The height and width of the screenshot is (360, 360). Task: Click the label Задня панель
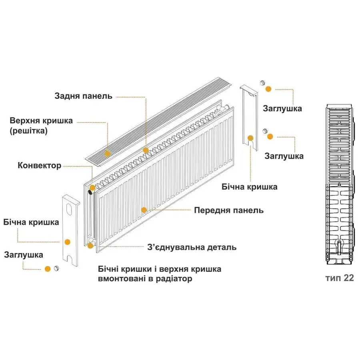[x=83, y=96]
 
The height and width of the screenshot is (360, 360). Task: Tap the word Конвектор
[x=40, y=166]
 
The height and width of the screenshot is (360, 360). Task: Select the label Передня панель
[x=229, y=210]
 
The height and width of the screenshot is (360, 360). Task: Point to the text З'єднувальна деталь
[x=192, y=247]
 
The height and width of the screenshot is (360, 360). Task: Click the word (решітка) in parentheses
[x=29, y=131]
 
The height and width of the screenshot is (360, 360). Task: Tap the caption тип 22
[x=340, y=278]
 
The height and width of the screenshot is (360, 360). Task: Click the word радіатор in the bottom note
[x=174, y=279]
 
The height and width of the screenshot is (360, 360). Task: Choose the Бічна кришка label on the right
[x=249, y=187]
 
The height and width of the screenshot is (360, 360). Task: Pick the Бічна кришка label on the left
[x=31, y=222]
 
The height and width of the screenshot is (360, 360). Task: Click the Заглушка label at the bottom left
[x=24, y=255]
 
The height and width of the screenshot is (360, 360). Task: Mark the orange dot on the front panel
[x=144, y=210]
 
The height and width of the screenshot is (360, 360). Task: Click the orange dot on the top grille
[x=108, y=154]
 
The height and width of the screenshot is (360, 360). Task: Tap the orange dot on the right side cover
[x=250, y=138]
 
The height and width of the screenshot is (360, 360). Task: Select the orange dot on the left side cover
[x=68, y=242]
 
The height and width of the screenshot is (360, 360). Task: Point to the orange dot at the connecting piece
[x=90, y=246]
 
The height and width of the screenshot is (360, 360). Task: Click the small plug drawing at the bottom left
[x=56, y=268]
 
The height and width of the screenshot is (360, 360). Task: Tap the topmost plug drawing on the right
[x=263, y=83]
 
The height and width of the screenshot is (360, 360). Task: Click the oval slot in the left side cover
[x=69, y=209]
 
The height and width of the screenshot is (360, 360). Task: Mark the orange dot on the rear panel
[x=146, y=150]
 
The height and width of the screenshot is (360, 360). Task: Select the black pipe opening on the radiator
[x=90, y=192]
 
